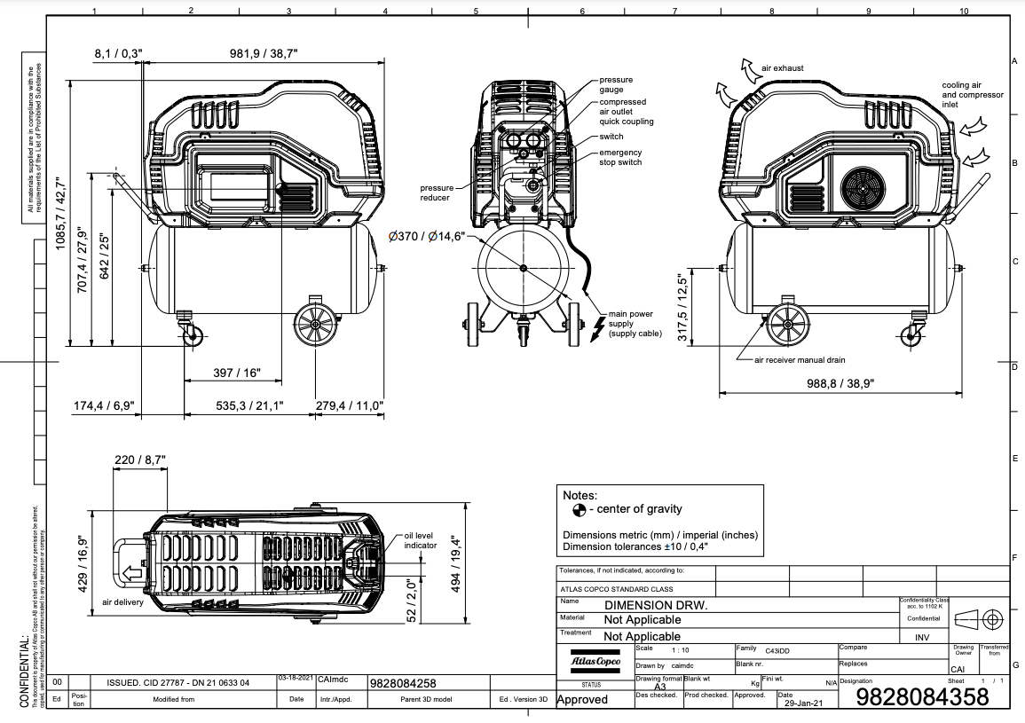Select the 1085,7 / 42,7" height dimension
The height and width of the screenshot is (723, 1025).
coord(62,213)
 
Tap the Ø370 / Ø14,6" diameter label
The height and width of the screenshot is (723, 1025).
coord(433,238)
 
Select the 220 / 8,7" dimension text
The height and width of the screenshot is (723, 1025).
coord(139,460)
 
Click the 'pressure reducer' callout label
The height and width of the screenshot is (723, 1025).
coord(436,193)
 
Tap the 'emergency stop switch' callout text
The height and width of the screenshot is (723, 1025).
coord(619,157)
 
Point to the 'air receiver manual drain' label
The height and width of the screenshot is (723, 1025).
coord(799,360)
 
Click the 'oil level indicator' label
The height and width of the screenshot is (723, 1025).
coord(420,541)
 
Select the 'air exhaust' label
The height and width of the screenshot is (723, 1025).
coord(782,68)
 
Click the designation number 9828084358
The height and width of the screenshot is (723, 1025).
coord(922,697)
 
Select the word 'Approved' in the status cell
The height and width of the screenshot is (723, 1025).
coord(582,699)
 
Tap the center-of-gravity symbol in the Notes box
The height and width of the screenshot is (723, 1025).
coord(579,509)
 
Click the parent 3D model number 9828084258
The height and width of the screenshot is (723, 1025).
coord(402,684)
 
